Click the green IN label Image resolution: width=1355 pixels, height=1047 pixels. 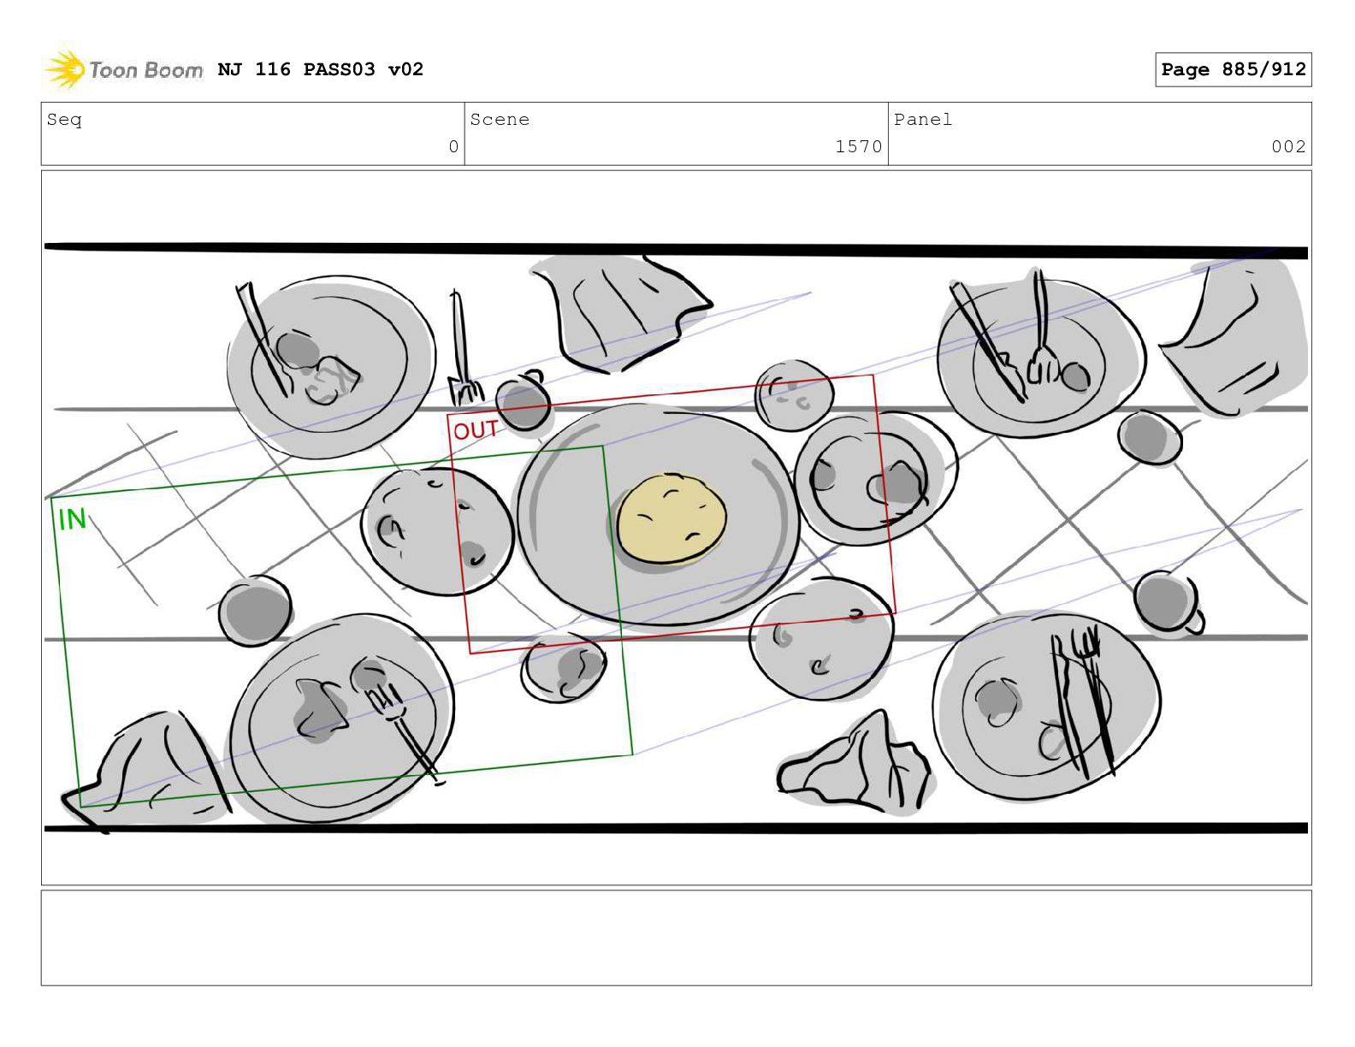[x=72, y=519]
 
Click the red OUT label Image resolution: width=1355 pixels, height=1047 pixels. [x=475, y=430]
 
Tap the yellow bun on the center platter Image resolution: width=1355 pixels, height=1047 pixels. [x=671, y=518]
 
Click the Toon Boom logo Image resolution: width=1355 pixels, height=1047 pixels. [x=124, y=68]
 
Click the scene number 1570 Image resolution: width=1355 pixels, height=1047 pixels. [x=858, y=146]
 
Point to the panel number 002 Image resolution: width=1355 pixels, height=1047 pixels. [x=1288, y=146]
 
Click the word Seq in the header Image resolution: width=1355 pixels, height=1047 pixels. [x=64, y=119]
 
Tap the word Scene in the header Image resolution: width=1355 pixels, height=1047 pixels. [x=500, y=119]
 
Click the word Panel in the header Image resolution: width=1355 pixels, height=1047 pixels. [x=923, y=119]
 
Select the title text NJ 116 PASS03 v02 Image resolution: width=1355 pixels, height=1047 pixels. [x=321, y=68]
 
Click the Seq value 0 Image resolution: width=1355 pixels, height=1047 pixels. [x=453, y=146]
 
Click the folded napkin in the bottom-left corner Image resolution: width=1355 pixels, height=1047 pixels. [x=146, y=770]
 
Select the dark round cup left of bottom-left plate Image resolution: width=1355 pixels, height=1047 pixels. [x=255, y=611]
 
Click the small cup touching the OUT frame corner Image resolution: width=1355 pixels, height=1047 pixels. [x=523, y=399]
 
